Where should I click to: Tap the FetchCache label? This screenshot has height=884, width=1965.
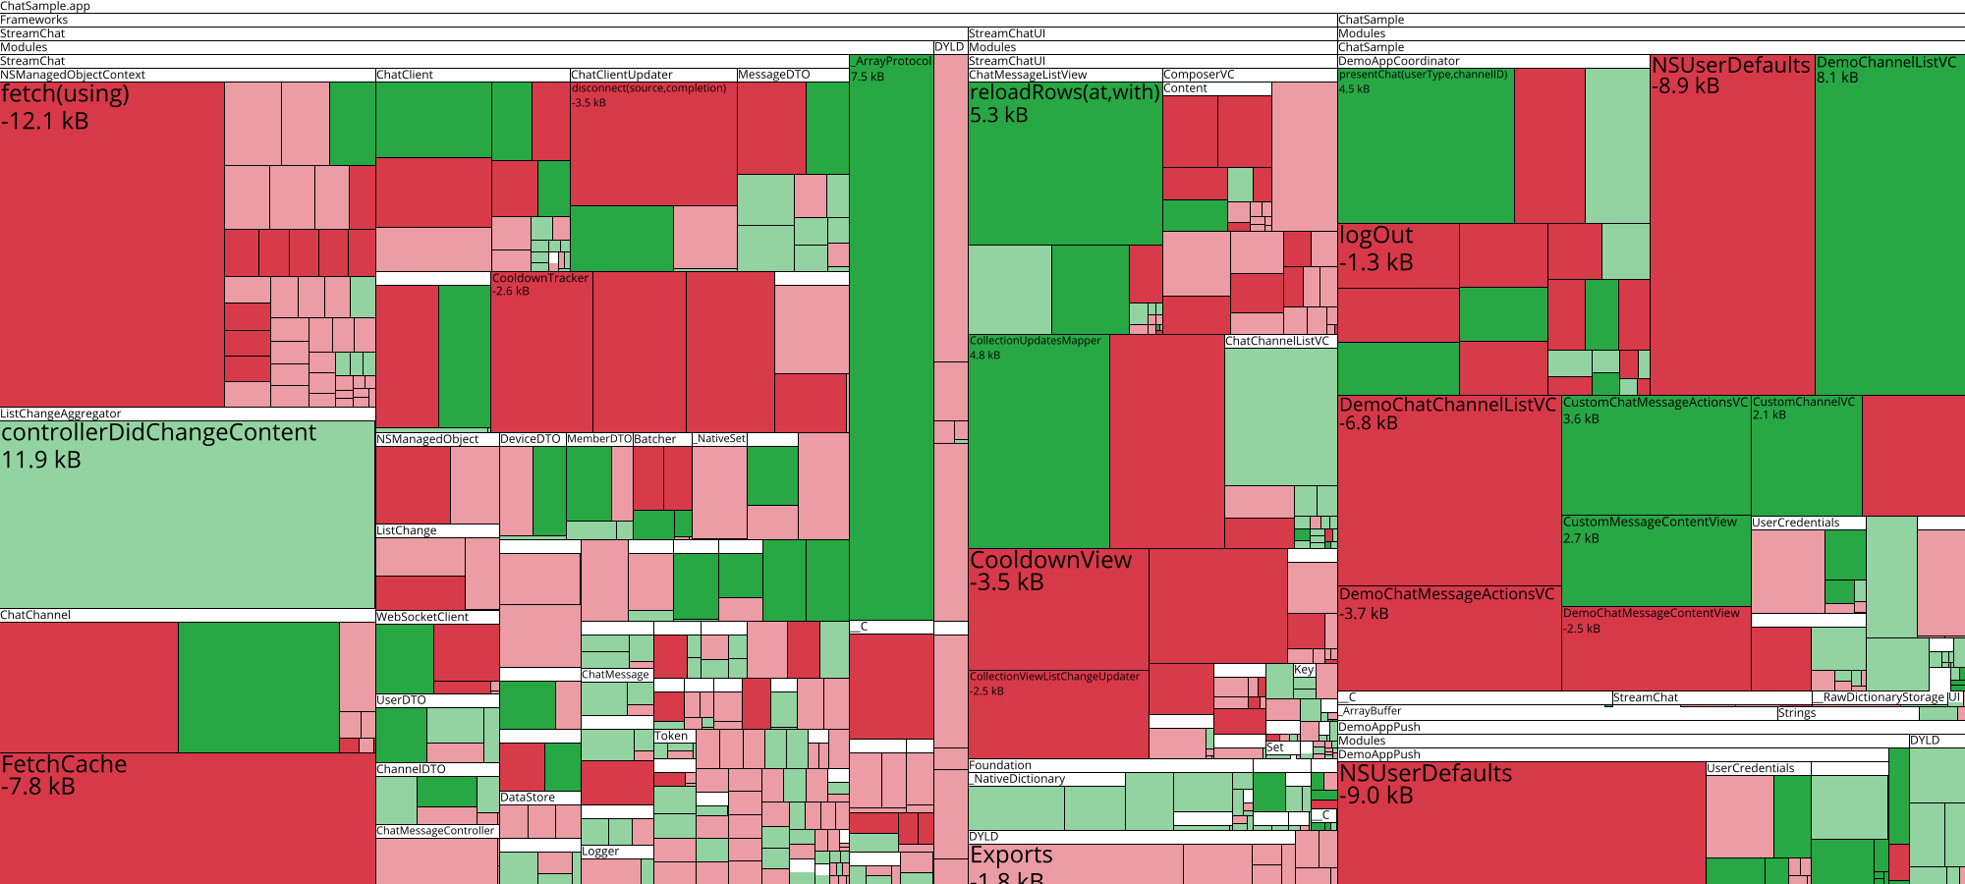pyautogui.click(x=65, y=765)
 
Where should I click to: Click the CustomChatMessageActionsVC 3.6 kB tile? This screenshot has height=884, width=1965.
pyautogui.click(x=1656, y=457)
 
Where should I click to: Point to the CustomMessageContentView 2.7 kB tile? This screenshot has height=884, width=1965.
pyautogui.click(x=1656, y=560)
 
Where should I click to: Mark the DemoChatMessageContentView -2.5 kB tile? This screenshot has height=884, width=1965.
pyautogui.click(x=1656, y=648)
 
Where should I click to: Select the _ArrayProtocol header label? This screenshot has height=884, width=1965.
pyautogui.click(x=891, y=61)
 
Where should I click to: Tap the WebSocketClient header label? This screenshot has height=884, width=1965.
pyautogui.click(x=422, y=617)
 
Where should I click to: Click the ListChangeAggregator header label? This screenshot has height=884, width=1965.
pyautogui.click(x=61, y=414)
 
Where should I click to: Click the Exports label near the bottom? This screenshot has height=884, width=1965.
pyautogui.click(x=1011, y=856)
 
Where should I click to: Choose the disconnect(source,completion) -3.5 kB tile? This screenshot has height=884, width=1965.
pyautogui.click(x=653, y=147)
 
